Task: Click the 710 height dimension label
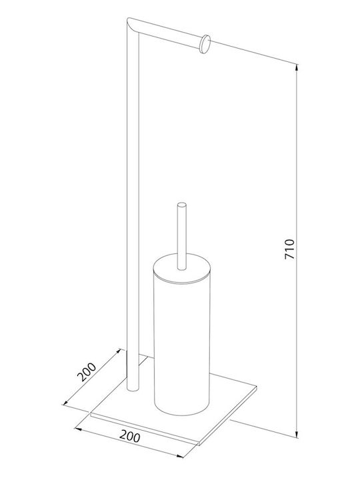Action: (289, 249)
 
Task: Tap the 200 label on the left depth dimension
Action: (87, 372)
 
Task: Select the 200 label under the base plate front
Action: (130, 436)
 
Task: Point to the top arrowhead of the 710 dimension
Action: (297, 67)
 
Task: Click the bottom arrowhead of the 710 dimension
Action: (297, 434)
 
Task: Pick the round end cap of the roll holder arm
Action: (205, 45)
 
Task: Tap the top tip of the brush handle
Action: (182, 205)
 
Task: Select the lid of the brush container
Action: (182, 267)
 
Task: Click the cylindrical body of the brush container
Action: (182, 346)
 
